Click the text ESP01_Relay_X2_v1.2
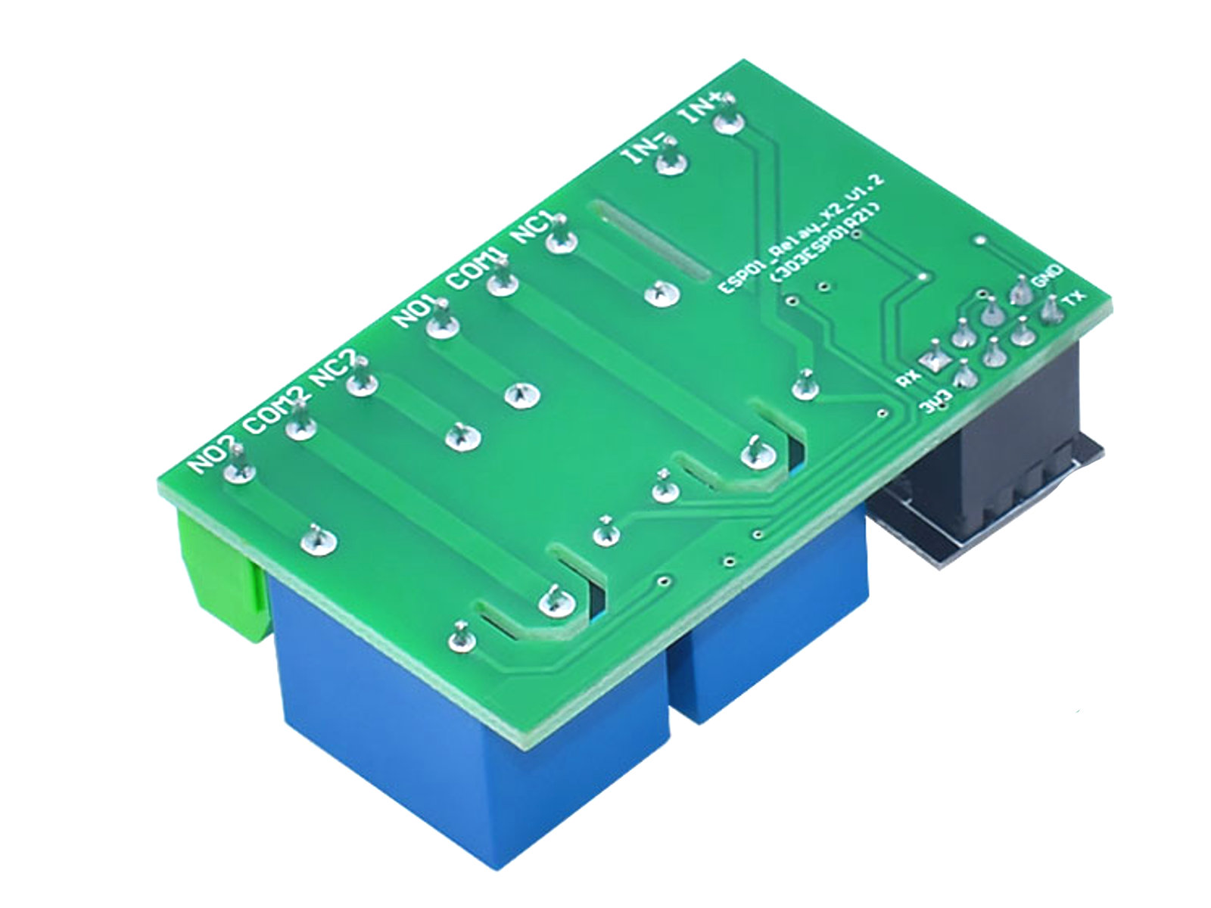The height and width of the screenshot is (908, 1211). tap(802, 234)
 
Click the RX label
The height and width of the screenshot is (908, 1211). tap(906, 378)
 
